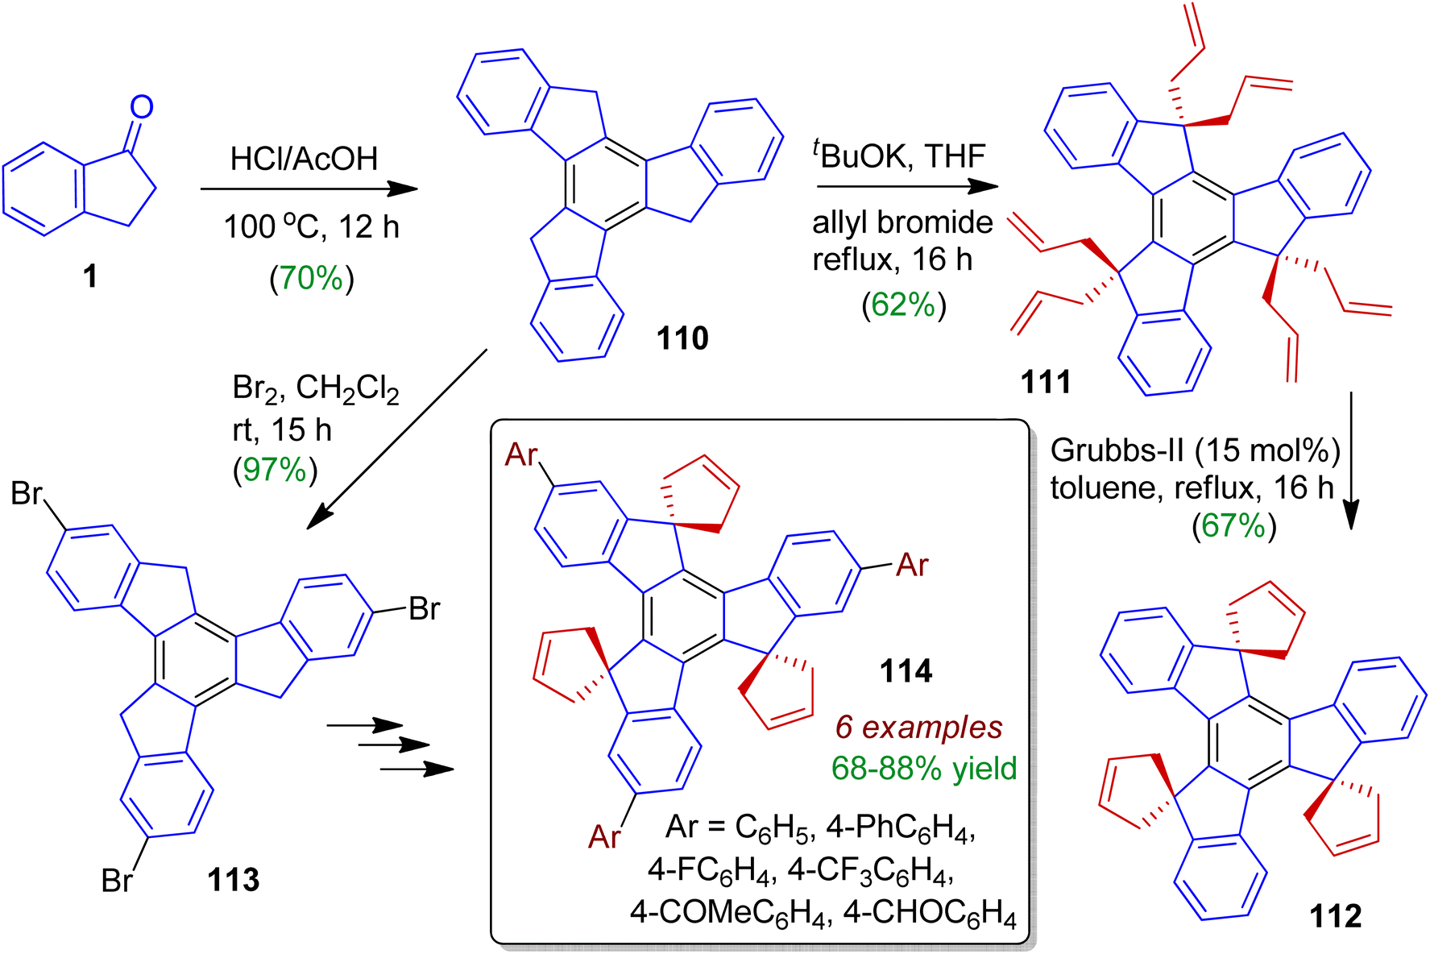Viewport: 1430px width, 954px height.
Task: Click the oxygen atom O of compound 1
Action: point(142,106)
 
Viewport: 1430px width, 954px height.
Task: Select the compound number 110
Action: point(682,338)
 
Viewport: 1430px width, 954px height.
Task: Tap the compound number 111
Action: point(1046,381)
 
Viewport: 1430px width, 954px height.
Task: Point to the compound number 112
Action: point(1336,916)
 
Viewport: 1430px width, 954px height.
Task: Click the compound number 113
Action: point(233,880)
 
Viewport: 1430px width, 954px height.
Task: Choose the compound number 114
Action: point(906,670)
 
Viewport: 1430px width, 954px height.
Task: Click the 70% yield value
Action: point(311,278)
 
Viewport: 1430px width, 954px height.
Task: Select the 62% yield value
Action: point(903,305)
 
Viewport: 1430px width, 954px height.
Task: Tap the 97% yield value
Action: point(275,469)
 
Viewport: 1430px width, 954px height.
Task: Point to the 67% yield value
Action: point(1233,525)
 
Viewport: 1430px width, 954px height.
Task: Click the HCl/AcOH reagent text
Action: point(304,159)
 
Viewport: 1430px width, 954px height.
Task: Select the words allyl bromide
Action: point(902,222)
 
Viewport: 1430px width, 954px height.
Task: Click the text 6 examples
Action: point(918,727)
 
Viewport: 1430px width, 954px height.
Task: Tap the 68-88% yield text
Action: point(924,768)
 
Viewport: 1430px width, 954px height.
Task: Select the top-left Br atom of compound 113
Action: point(26,493)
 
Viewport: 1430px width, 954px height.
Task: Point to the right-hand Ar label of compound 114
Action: point(912,566)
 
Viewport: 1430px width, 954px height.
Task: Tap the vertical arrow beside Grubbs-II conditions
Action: point(1351,459)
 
